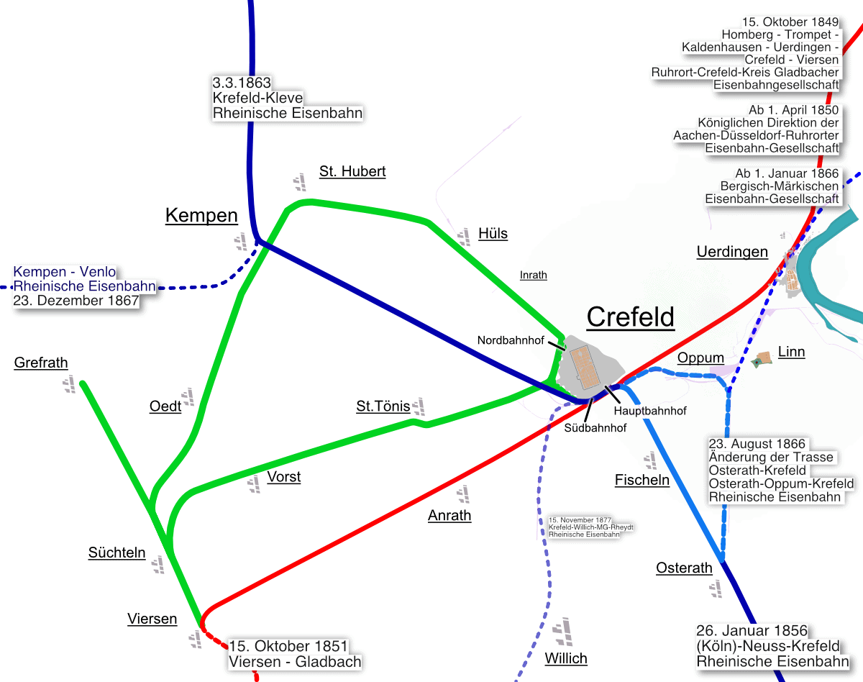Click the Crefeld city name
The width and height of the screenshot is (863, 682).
[631, 317]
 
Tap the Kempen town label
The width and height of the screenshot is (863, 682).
[201, 215]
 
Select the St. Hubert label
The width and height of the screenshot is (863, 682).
[352, 171]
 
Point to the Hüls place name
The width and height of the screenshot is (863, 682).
[493, 233]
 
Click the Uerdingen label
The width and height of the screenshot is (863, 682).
[732, 252]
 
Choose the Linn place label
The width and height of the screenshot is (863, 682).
[791, 352]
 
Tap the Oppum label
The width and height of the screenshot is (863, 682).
[700, 358]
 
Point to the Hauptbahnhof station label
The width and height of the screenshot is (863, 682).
[649, 412]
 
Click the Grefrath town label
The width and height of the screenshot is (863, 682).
[41, 363]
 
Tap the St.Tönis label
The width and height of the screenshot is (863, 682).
[383, 406]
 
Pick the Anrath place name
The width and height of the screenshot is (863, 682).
[449, 515]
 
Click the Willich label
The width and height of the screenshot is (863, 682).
[566, 658]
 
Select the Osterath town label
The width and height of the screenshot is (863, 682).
[684, 568]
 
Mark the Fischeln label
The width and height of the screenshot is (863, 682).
[642, 479]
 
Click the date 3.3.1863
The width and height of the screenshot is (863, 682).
[242, 82]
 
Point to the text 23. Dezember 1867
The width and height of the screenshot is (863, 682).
[76, 301]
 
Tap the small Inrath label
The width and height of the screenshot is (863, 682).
[533, 275]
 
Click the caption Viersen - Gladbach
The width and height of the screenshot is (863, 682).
[295, 662]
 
